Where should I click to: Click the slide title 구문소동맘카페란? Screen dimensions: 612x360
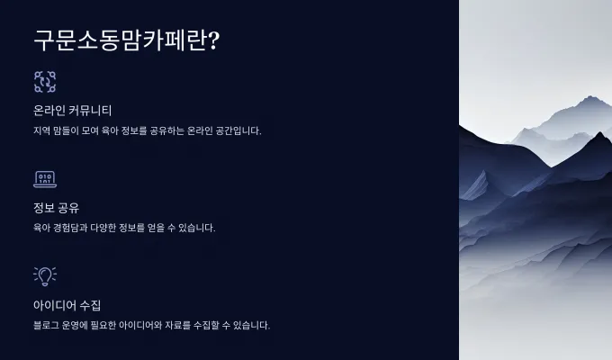coord(127,40)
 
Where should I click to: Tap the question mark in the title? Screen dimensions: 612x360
coord(214,40)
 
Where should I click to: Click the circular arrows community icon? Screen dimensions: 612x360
coord(45,82)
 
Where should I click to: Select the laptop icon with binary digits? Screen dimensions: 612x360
coord(45,179)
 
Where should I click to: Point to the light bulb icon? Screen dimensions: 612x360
coord(45,276)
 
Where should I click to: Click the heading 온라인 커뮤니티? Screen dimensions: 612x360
coord(73,111)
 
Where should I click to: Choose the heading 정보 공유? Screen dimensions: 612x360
coord(56,208)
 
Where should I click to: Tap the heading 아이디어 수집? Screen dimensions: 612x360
coord(67,305)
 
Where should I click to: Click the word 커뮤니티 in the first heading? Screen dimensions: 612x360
coord(90,111)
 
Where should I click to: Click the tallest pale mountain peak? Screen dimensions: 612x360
coord(591,97)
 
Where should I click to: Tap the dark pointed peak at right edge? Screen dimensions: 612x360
coord(599,135)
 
